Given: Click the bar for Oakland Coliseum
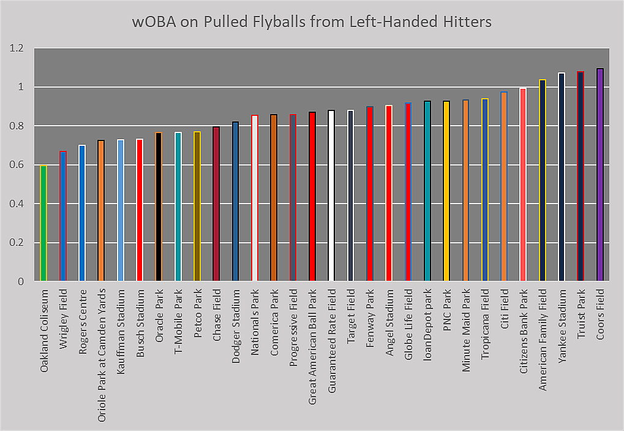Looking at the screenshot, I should click(43, 223).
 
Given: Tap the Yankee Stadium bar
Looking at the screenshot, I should click(562, 177).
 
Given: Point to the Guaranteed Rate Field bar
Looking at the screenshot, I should click(331, 196).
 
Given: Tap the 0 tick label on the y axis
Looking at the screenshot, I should click(20, 281).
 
